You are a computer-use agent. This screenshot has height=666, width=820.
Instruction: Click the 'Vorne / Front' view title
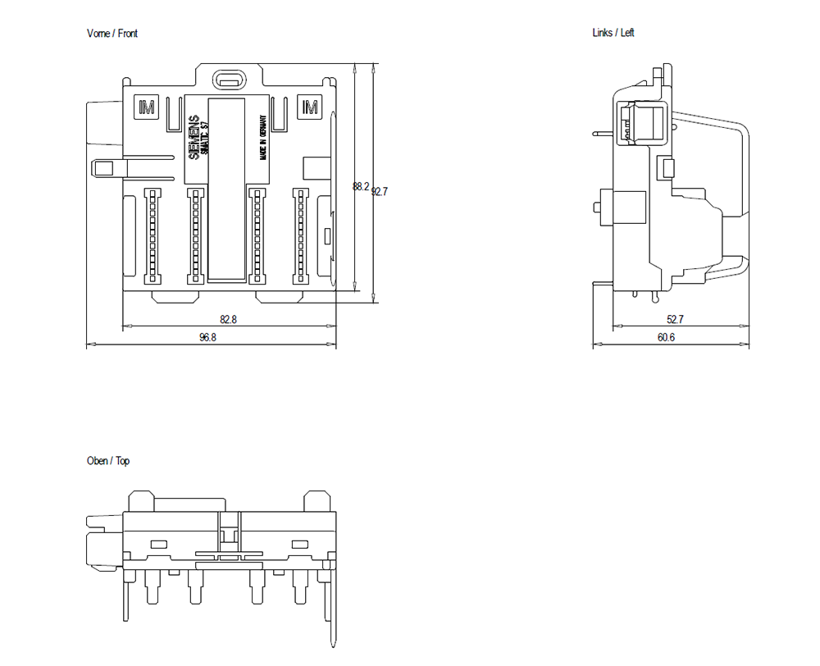(112, 34)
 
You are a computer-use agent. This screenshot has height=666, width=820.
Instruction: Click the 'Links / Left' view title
(613, 33)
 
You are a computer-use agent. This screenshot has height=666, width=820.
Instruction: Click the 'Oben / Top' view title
(108, 461)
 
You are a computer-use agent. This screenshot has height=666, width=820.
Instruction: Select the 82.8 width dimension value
(228, 320)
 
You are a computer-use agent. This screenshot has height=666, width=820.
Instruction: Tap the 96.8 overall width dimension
(207, 337)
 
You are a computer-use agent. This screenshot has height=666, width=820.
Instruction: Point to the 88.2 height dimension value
(360, 187)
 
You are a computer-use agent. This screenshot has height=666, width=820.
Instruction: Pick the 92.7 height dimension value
(380, 192)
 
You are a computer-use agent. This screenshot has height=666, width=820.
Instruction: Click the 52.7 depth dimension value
(675, 320)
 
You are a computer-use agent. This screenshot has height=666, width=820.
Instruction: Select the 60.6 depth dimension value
(666, 337)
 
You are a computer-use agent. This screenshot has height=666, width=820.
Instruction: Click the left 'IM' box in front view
(147, 107)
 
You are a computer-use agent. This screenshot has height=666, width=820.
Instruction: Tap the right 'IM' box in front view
(310, 107)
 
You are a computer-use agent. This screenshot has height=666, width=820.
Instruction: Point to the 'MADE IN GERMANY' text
(264, 136)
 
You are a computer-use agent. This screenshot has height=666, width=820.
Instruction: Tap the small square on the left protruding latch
(103, 168)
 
